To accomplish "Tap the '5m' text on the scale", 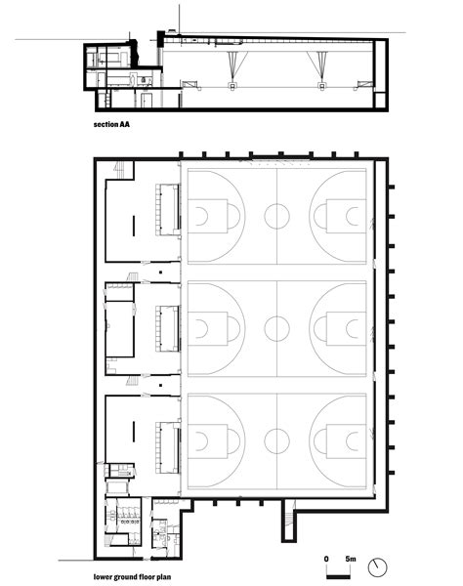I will point(350,557).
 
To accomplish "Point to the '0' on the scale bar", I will point(326,557).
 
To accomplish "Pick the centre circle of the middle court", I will point(277,327).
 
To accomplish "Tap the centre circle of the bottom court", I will point(277,439).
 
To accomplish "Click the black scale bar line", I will point(338,566).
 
